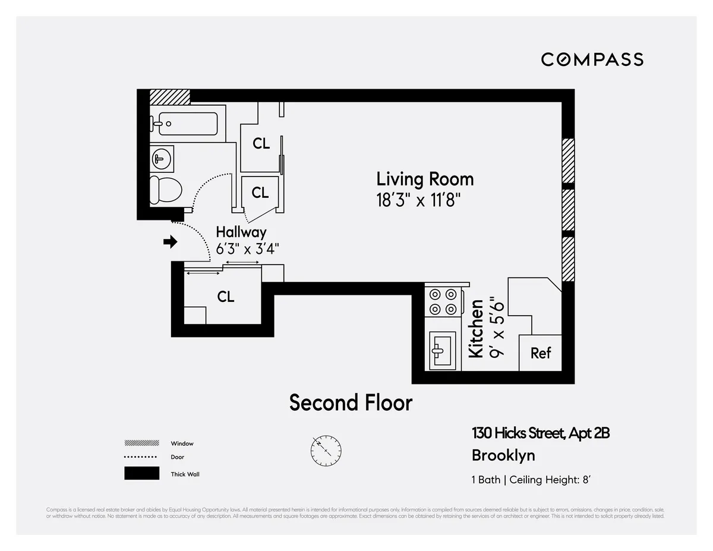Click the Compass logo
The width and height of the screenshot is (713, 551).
click(x=592, y=59)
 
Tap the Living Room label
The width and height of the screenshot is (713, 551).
click(x=425, y=179)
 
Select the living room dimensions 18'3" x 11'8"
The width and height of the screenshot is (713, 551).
click(x=419, y=200)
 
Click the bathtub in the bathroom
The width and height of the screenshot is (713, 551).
click(x=184, y=124)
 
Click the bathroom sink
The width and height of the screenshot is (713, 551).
click(x=161, y=158)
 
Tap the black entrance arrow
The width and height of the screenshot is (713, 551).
click(x=171, y=242)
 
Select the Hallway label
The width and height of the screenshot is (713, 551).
click(x=241, y=232)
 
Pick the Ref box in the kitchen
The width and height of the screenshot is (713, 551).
click(x=541, y=353)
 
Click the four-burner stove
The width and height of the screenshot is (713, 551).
click(x=443, y=301)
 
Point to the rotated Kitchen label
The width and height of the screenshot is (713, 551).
click(x=476, y=328)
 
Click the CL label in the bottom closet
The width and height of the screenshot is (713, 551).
click(x=226, y=297)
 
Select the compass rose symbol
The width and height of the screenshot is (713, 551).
click(x=326, y=450)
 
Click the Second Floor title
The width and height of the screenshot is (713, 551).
click(x=351, y=403)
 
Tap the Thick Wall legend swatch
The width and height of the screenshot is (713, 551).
click(x=141, y=474)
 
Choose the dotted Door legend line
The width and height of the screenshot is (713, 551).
click(x=141, y=457)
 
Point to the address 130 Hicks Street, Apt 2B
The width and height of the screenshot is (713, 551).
click(x=540, y=433)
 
